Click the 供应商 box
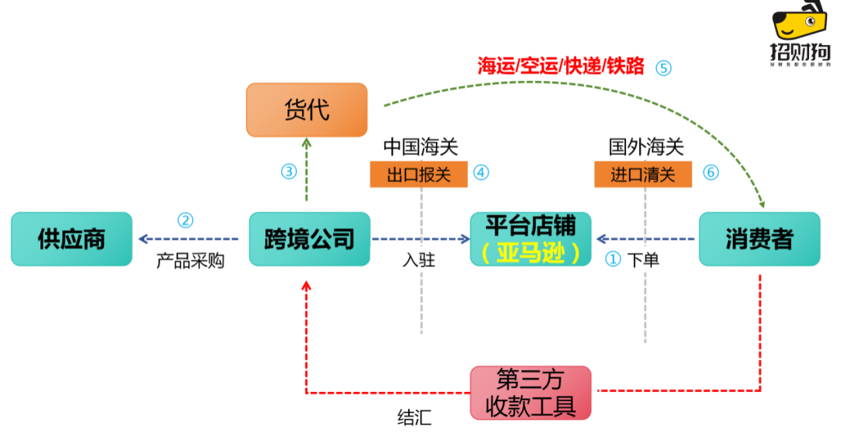tap(72, 239)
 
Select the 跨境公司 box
tap(309, 239)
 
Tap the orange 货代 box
tap(307, 110)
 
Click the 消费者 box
tap(759, 239)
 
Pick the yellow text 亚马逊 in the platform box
tap(531, 253)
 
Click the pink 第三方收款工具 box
tap(531, 393)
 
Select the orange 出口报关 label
tap(418, 174)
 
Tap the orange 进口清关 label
tap(642, 174)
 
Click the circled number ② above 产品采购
tap(185, 220)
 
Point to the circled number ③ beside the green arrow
tap(289, 171)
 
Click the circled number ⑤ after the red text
tap(663, 67)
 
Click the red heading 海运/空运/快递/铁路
tap(561, 66)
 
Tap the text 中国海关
tap(420, 146)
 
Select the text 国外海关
tap(646, 146)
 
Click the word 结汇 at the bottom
tap(414, 418)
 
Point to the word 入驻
tap(419, 260)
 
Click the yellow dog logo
tap(799, 23)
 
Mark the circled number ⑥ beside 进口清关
tap(710, 172)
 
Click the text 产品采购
tap(190, 260)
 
